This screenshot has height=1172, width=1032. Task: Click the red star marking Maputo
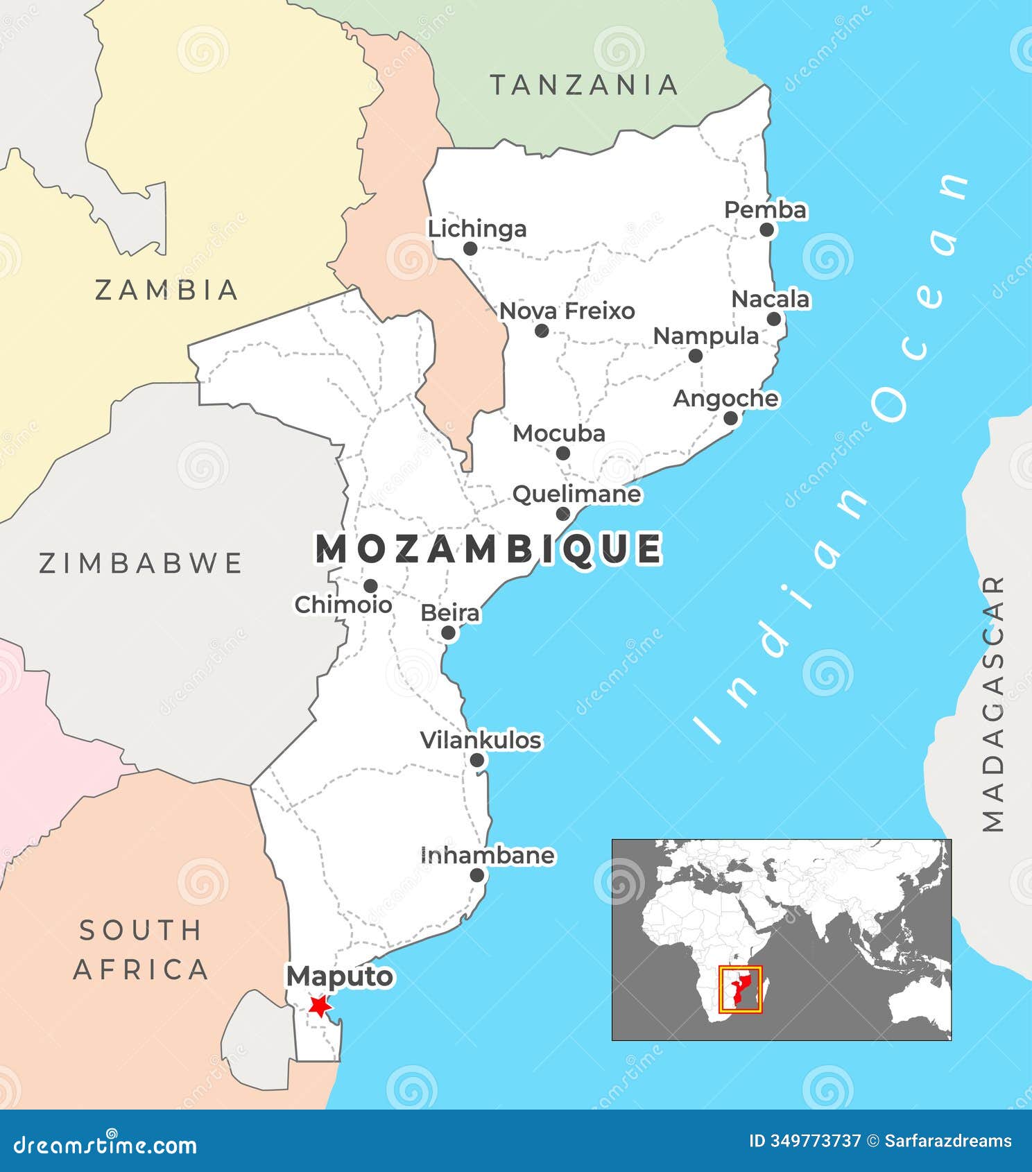tap(319, 1006)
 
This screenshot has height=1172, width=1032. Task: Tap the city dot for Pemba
tap(766, 230)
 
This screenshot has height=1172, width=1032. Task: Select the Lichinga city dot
tap(470, 248)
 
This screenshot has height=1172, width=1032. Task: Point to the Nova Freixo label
tap(567, 311)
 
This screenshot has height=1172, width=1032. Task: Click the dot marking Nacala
tap(774, 319)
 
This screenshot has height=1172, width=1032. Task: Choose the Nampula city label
tap(706, 336)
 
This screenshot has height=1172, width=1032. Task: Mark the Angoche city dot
tap(730, 417)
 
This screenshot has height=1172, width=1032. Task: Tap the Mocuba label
tap(559, 433)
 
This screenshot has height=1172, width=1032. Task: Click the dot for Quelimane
tap(562, 514)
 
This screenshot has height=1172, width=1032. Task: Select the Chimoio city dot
tap(370, 585)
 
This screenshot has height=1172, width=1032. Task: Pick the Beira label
tap(450, 613)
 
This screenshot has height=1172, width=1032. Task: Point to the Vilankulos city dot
tap(477, 760)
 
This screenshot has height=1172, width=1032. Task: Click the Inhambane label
tap(488, 855)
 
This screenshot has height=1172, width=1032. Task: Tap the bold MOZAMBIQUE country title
tap(489, 549)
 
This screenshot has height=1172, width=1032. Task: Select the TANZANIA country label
tap(584, 85)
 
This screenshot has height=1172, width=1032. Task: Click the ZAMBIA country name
tap(166, 290)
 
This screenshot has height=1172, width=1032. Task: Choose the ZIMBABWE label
tap(141, 563)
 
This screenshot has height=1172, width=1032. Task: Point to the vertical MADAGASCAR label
tap(993, 704)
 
